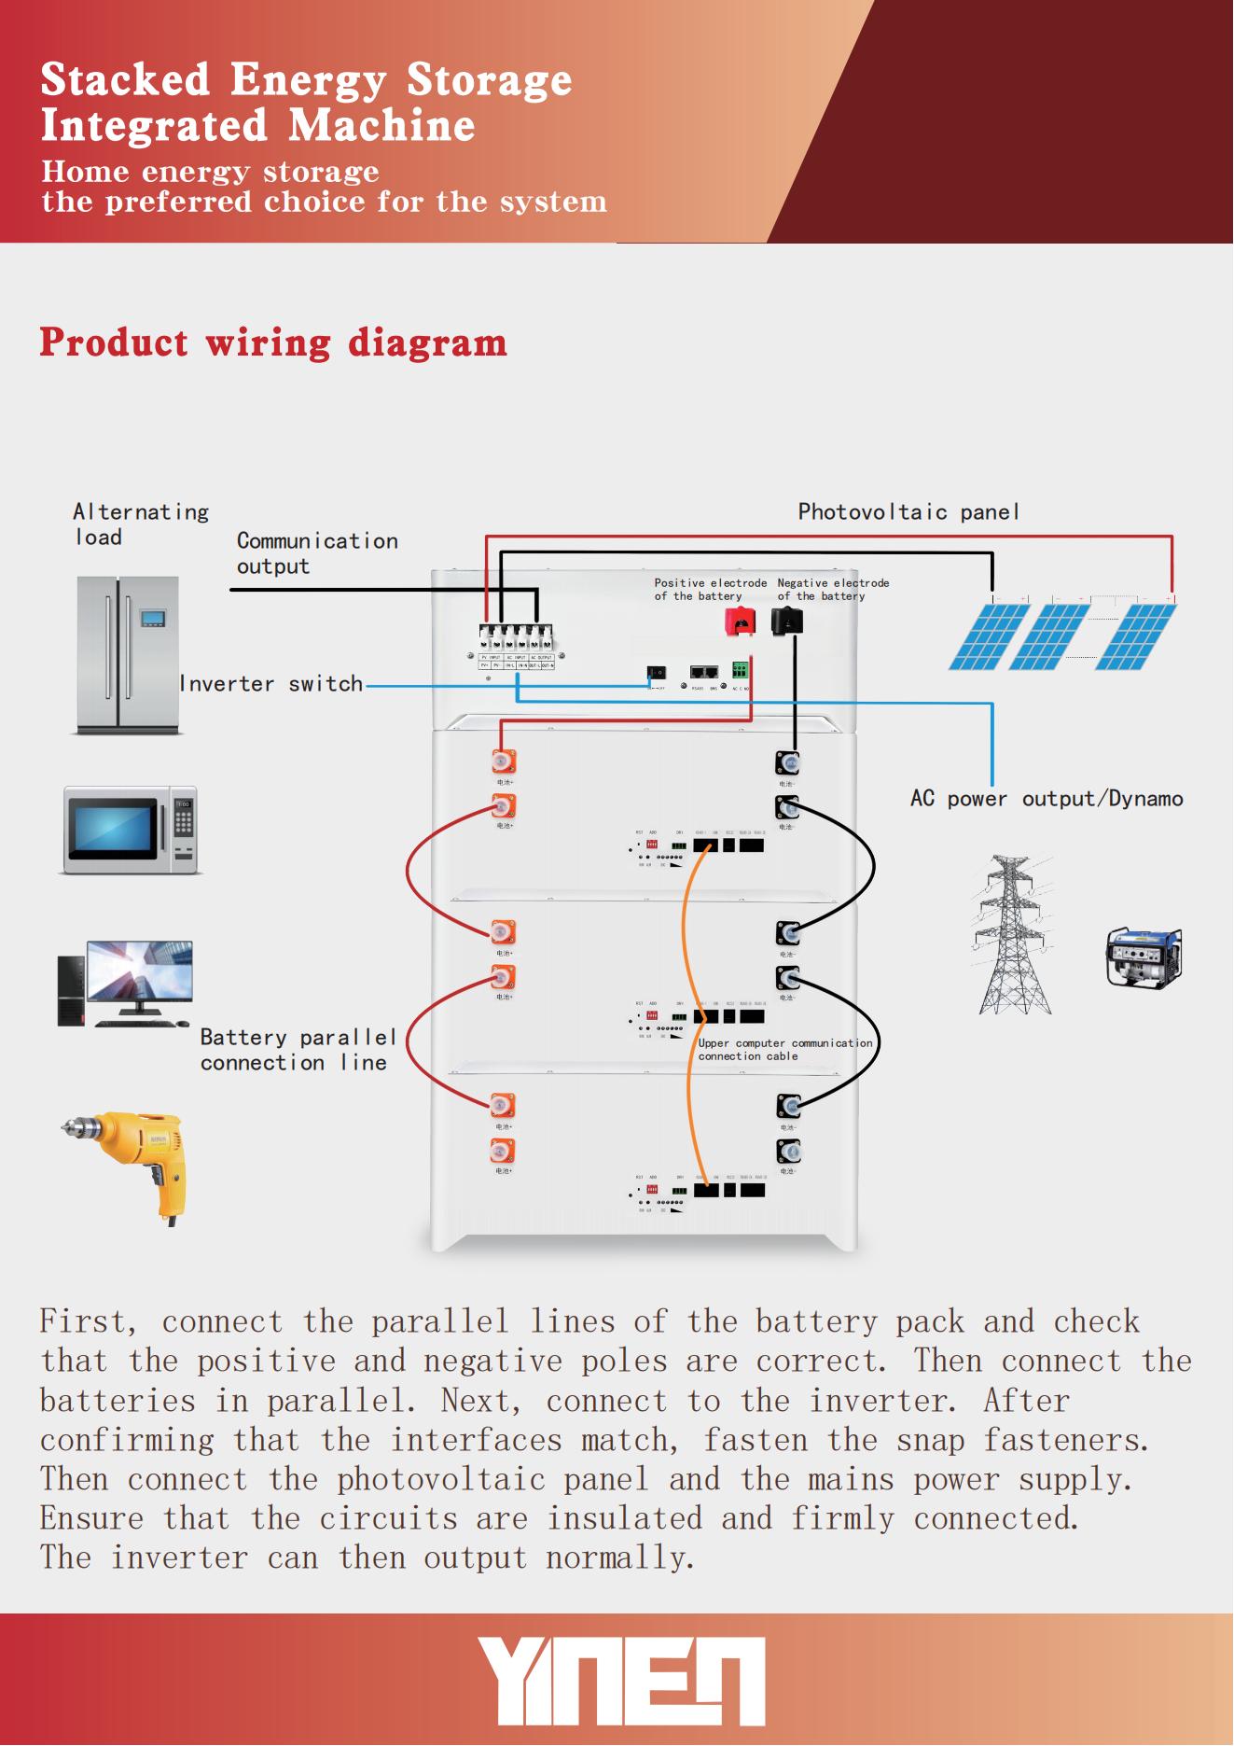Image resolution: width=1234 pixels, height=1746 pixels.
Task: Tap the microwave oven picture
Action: coord(131,830)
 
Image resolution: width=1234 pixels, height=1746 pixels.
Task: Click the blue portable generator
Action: coord(1144,957)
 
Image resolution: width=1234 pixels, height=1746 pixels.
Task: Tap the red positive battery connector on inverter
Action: coord(741,622)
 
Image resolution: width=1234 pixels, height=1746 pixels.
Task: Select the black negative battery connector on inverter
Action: coord(787,621)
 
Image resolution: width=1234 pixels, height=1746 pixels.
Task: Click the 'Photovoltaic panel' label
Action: coord(908,512)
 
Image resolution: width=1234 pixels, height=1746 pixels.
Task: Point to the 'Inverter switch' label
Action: coord(270,684)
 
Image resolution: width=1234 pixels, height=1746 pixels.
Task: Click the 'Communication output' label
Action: coord(316,553)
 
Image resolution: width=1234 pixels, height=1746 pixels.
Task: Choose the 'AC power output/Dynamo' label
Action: coord(1046,799)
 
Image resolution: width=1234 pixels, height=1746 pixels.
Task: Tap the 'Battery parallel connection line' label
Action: coord(298,1050)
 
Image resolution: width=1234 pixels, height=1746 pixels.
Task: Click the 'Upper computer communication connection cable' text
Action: coord(784,1050)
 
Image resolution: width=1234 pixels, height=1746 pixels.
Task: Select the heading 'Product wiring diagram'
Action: coord(272,342)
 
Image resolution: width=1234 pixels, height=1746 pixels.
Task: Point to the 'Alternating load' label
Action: coord(140,524)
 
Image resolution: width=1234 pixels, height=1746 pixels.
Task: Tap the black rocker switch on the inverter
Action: coord(657,672)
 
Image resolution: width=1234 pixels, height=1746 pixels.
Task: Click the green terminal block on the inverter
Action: coord(741,671)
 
